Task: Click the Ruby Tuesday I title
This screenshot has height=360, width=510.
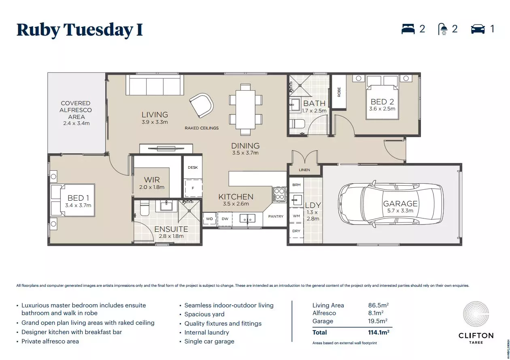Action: [80, 30]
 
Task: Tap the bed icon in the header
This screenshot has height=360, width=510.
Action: [408, 29]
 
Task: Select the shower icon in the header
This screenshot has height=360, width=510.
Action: [443, 29]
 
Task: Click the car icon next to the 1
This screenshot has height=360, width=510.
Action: [478, 29]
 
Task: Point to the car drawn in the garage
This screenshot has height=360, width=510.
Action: [391, 203]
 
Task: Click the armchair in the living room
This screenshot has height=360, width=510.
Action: [202, 104]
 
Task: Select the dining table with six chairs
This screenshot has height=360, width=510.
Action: [245, 109]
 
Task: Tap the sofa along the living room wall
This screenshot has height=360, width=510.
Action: [154, 85]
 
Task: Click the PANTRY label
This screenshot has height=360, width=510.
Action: [276, 216]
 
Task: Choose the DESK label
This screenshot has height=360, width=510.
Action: [193, 167]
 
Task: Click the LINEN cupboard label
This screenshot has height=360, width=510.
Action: [304, 170]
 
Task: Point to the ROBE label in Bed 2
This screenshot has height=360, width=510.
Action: [339, 92]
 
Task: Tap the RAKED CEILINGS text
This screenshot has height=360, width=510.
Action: [202, 128]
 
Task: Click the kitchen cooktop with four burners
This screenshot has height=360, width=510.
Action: [278, 194]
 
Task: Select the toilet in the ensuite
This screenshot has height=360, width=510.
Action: [144, 208]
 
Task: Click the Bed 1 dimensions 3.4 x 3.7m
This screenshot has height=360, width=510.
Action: [78, 205]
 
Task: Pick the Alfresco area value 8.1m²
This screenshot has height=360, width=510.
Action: [376, 313]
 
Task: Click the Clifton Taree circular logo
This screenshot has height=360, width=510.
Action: [476, 315]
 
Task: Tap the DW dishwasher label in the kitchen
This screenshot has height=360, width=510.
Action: [225, 219]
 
